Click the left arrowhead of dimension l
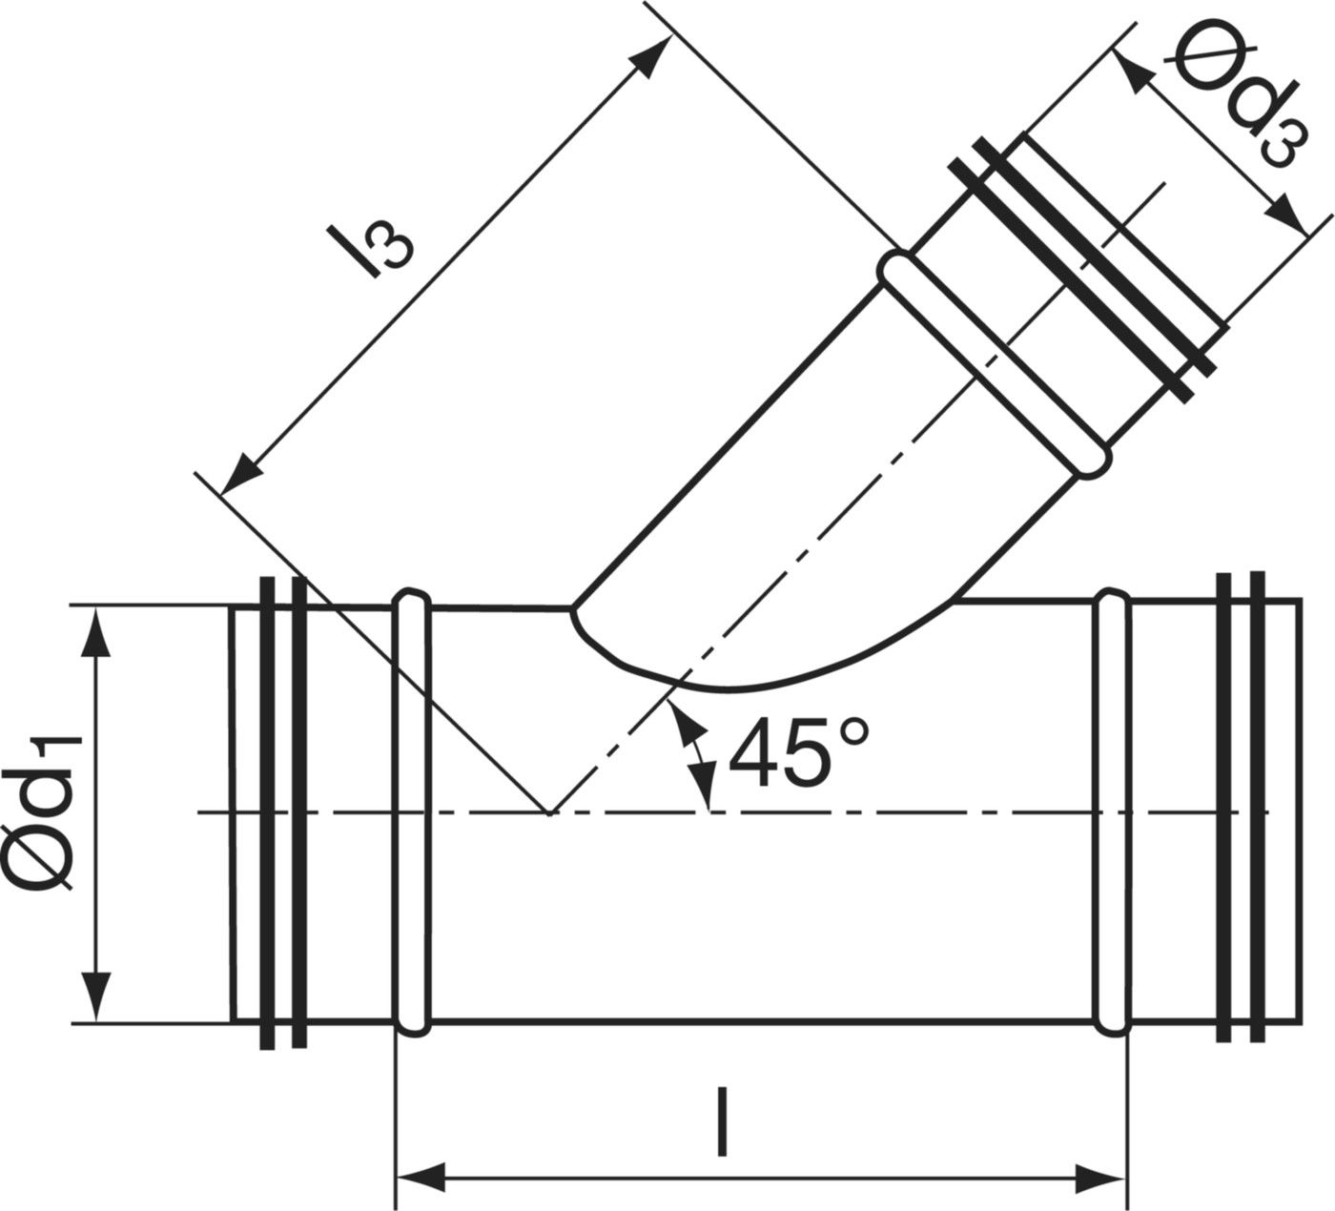click(x=420, y=1175)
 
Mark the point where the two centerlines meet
click(x=549, y=812)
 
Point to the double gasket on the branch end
click(x=1082, y=267)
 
